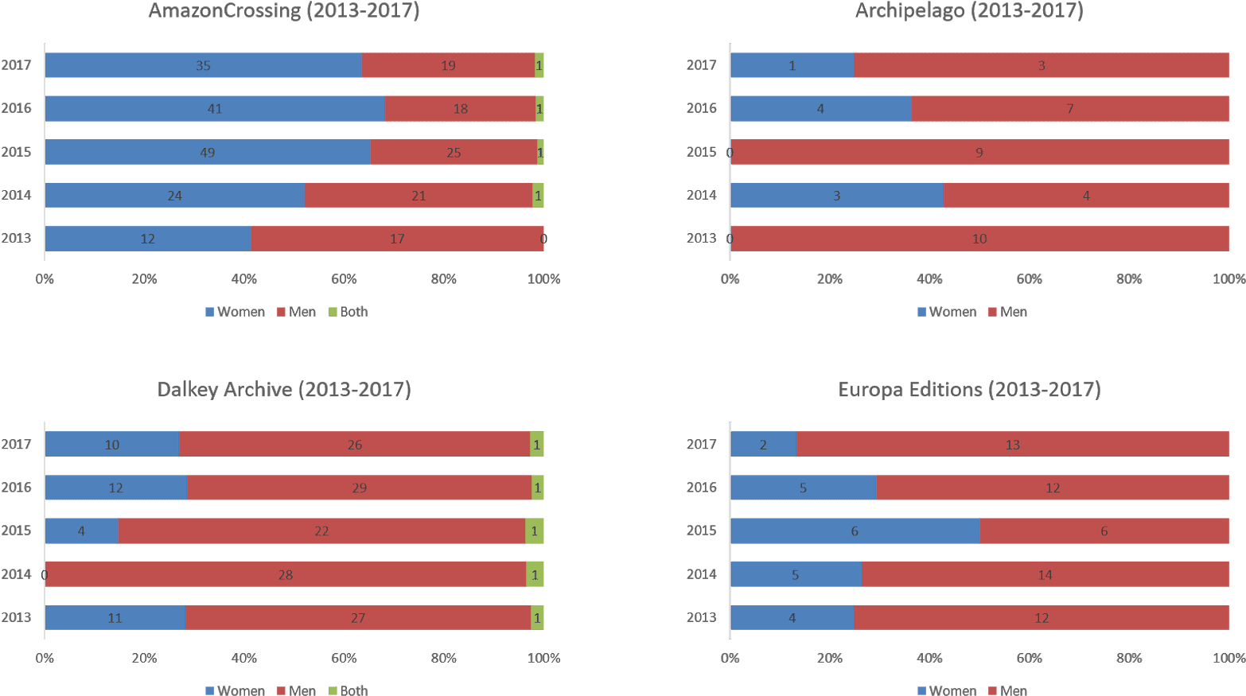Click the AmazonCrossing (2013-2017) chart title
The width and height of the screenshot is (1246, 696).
click(x=283, y=11)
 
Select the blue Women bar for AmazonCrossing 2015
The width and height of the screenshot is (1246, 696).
click(x=207, y=152)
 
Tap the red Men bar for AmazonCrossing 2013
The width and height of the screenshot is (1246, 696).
click(x=397, y=239)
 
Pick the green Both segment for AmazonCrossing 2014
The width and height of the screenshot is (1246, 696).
click(x=538, y=196)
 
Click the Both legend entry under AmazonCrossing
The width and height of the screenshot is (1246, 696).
click(x=348, y=312)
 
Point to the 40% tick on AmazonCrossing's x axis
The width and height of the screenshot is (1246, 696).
click(x=244, y=279)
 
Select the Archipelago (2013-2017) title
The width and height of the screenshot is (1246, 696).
click(x=969, y=11)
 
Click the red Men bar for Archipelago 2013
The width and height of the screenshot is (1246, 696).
click(x=979, y=239)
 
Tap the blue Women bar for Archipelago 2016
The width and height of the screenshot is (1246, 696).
click(x=820, y=109)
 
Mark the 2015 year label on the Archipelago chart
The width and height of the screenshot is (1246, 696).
click(x=701, y=152)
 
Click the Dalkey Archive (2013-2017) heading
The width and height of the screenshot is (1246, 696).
click(x=284, y=390)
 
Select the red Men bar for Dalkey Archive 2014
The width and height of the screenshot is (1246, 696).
click(x=286, y=574)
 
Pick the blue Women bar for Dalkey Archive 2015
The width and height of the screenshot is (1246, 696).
click(x=81, y=531)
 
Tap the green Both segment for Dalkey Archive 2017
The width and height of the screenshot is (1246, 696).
click(x=537, y=445)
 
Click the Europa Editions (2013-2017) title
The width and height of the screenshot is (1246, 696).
click(x=969, y=390)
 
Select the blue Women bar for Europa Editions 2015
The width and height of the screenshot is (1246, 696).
click(x=855, y=531)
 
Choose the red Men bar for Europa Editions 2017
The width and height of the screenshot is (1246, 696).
click(x=1012, y=445)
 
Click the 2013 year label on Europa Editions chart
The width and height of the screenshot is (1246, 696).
click(x=701, y=617)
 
